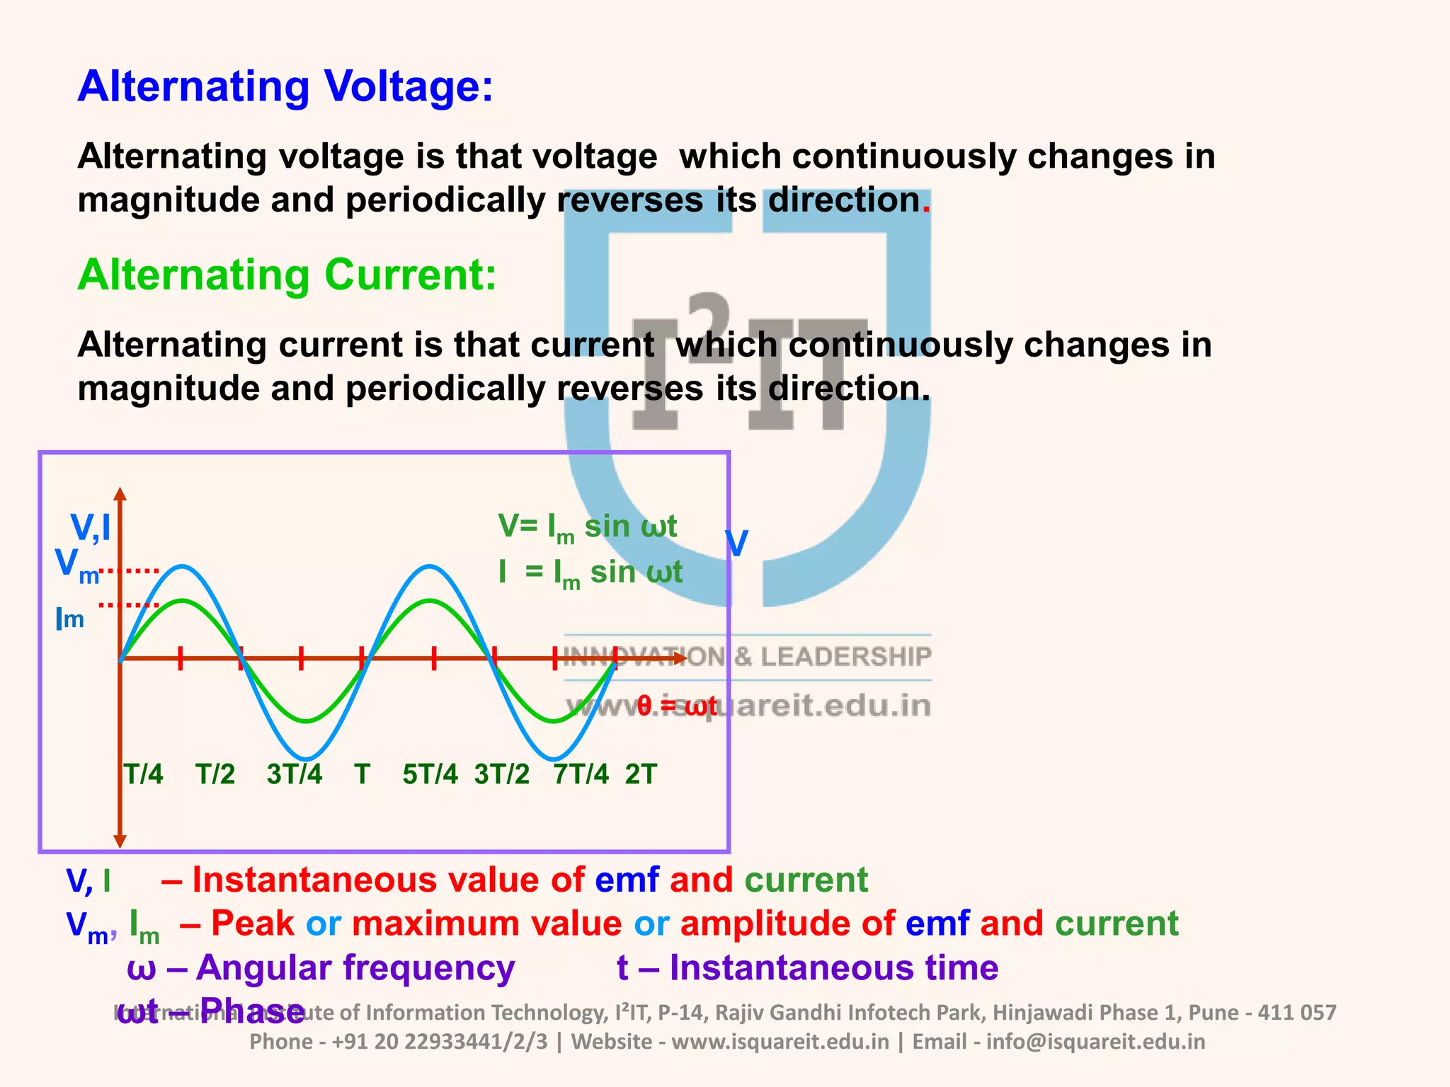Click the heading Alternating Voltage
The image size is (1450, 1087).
click(x=285, y=86)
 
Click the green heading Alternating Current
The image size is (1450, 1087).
click(x=287, y=275)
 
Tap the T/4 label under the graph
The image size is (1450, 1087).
click(x=144, y=774)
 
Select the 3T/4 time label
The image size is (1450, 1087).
click(x=295, y=774)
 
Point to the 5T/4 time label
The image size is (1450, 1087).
click(x=430, y=774)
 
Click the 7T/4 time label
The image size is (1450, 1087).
click(x=581, y=774)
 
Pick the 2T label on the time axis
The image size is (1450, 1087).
click(x=641, y=774)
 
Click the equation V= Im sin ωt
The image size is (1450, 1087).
click(x=588, y=527)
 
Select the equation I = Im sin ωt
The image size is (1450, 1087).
click(x=590, y=573)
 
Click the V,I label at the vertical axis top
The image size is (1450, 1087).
click(x=91, y=528)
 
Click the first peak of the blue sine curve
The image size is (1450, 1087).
click(x=183, y=566)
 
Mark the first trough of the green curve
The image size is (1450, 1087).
click(x=306, y=721)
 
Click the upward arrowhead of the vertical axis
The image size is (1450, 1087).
click(x=120, y=493)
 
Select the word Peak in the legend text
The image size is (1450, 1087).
click(x=252, y=924)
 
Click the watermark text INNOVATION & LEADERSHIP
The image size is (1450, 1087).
click(x=747, y=657)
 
